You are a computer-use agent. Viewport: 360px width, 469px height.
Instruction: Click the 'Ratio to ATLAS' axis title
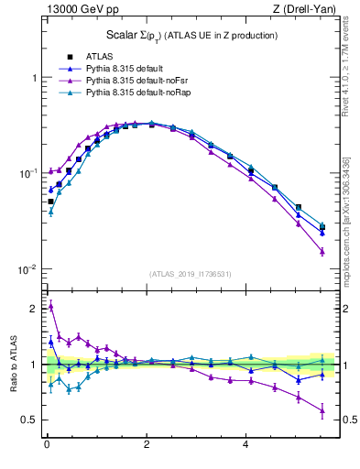click(13, 364)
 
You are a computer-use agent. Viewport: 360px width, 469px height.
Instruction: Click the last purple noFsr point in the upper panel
click(322, 251)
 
